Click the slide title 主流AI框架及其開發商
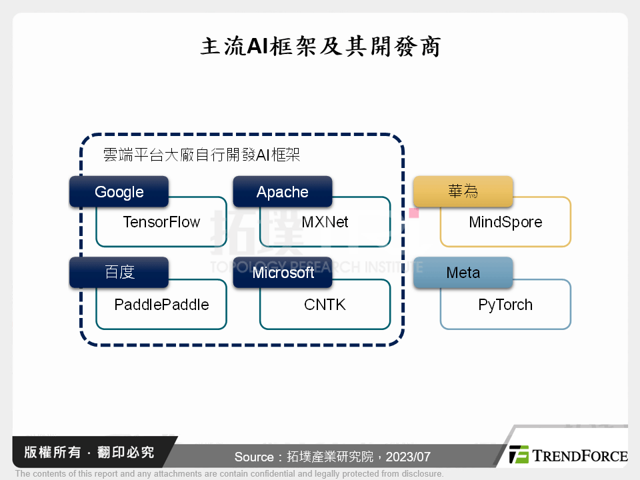click(x=320, y=47)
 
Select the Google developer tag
click(x=119, y=192)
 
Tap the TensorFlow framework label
click(x=161, y=222)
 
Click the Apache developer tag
click(x=282, y=192)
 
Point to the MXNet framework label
click(x=325, y=222)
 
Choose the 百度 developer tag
click(x=119, y=273)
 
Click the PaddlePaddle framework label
click(x=161, y=305)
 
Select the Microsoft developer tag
click(x=283, y=273)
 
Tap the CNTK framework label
click(x=325, y=305)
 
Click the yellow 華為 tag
click(x=463, y=192)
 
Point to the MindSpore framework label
click(x=505, y=222)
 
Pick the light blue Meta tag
click(x=463, y=273)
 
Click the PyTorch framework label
click(x=505, y=305)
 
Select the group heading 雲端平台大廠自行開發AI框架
click(x=201, y=155)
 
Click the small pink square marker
click(x=414, y=213)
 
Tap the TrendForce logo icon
click(x=519, y=455)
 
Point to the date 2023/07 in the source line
click(x=408, y=457)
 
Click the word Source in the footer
click(x=254, y=457)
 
